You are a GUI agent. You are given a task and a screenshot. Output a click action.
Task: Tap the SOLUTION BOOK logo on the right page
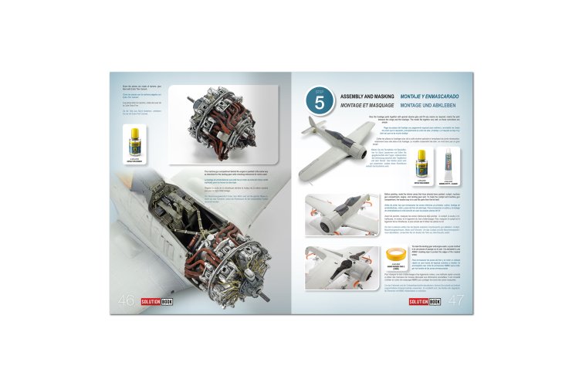(x=422, y=300)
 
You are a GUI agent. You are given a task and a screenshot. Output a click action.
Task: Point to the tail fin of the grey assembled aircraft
(x=312, y=127)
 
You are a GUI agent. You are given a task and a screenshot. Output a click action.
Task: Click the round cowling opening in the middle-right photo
(x=354, y=218)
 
